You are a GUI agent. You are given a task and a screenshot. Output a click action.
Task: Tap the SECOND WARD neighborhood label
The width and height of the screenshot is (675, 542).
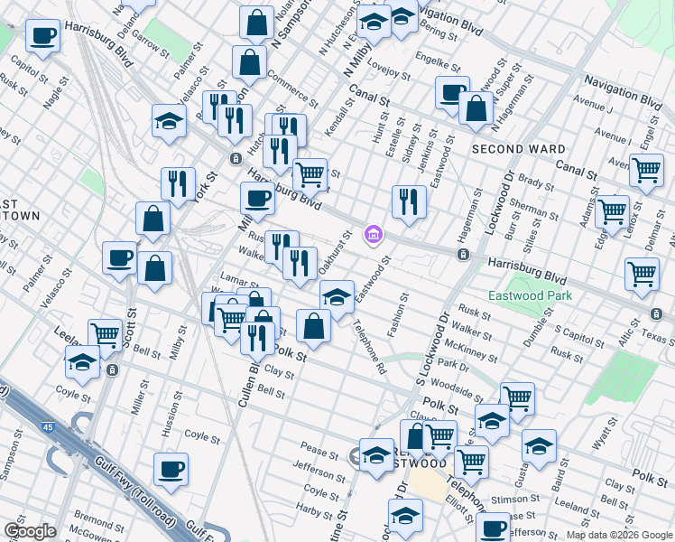[518, 149]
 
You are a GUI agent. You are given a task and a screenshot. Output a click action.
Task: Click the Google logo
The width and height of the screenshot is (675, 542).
[30, 531]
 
